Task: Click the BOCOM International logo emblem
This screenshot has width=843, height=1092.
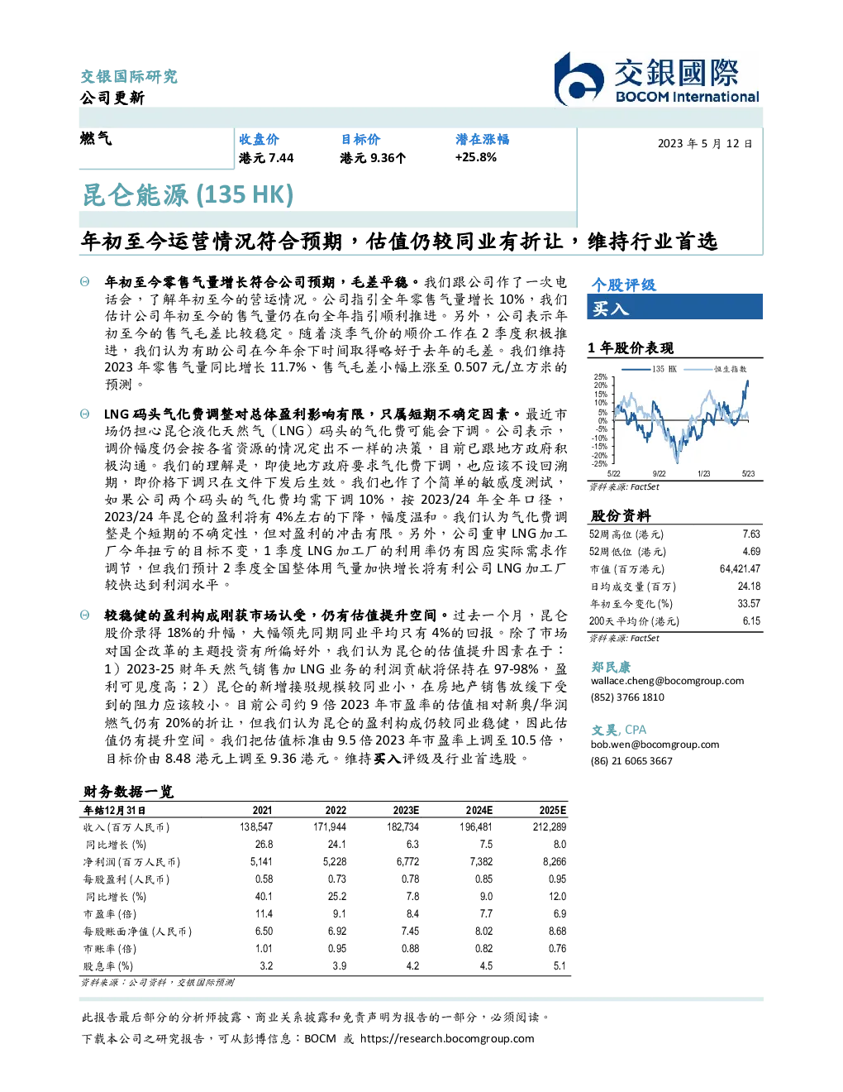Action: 579,79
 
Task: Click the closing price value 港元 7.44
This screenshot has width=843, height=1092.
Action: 266,158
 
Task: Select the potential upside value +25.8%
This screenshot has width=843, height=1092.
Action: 475,158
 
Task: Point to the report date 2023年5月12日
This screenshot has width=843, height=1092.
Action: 705,144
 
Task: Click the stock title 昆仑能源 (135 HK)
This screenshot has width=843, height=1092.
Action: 188,195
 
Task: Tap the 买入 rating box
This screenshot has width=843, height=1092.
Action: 674,307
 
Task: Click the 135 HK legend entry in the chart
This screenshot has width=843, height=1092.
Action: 649,369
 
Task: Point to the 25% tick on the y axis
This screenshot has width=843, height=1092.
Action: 601,377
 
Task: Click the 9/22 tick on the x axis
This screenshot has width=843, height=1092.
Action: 659,474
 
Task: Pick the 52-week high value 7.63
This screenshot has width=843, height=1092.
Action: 751,534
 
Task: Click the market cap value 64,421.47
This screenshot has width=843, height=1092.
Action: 740,569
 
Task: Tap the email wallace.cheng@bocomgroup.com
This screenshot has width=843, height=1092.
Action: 667,681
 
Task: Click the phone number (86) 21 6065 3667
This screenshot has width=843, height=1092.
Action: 631,761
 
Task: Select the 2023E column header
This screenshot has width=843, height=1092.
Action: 406,810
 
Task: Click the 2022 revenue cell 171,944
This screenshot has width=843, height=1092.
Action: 330,827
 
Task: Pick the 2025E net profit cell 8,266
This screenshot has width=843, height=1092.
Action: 555,862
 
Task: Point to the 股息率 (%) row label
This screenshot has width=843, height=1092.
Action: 108,966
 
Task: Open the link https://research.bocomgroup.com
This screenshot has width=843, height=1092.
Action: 447,1039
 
